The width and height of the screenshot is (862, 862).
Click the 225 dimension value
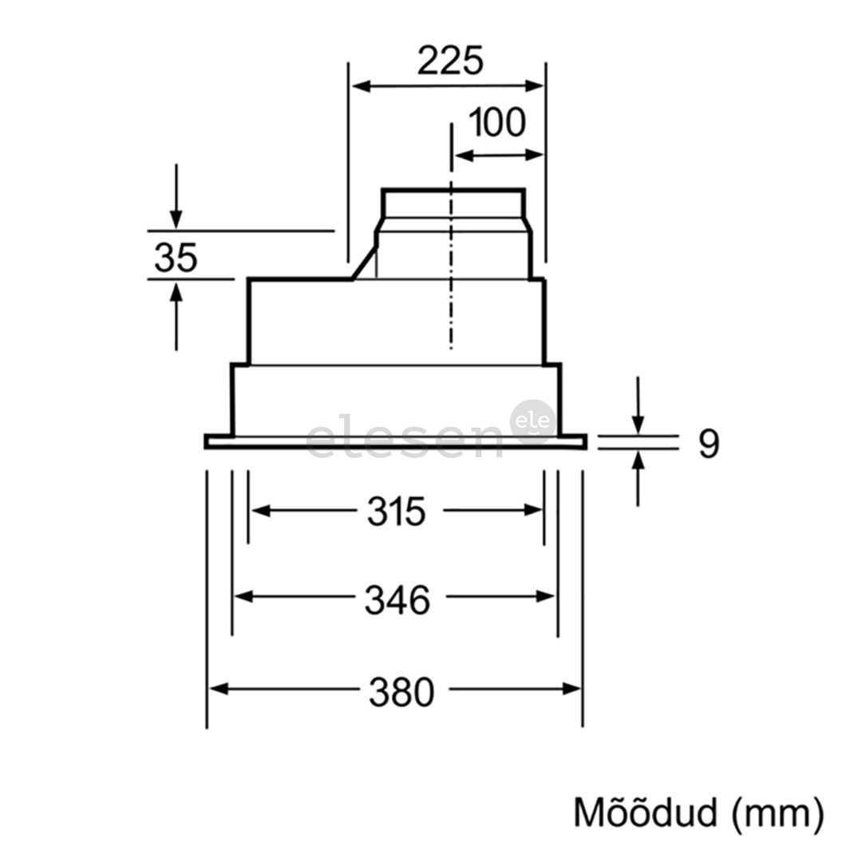pyautogui.click(x=450, y=61)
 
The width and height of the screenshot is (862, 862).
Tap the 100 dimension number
pyautogui.click(x=496, y=123)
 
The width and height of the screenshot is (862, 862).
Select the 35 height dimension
pyautogui.click(x=176, y=258)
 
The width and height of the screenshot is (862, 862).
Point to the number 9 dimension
pyautogui.click(x=708, y=444)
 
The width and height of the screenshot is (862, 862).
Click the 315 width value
pyautogui.click(x=397, y=512)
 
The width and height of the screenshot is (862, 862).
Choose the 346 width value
pyautogui.click(x=397, y=600)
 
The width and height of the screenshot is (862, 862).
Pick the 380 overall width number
pyautogui.click(x=401, y=692)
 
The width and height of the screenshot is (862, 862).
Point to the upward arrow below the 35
pyautogui.click(x=176, y=292)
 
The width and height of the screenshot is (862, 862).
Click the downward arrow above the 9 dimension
pyautogui.click(x=638, y=423)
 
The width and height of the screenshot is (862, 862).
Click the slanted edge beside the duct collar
pyautogui.click(x=364, y=262)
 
